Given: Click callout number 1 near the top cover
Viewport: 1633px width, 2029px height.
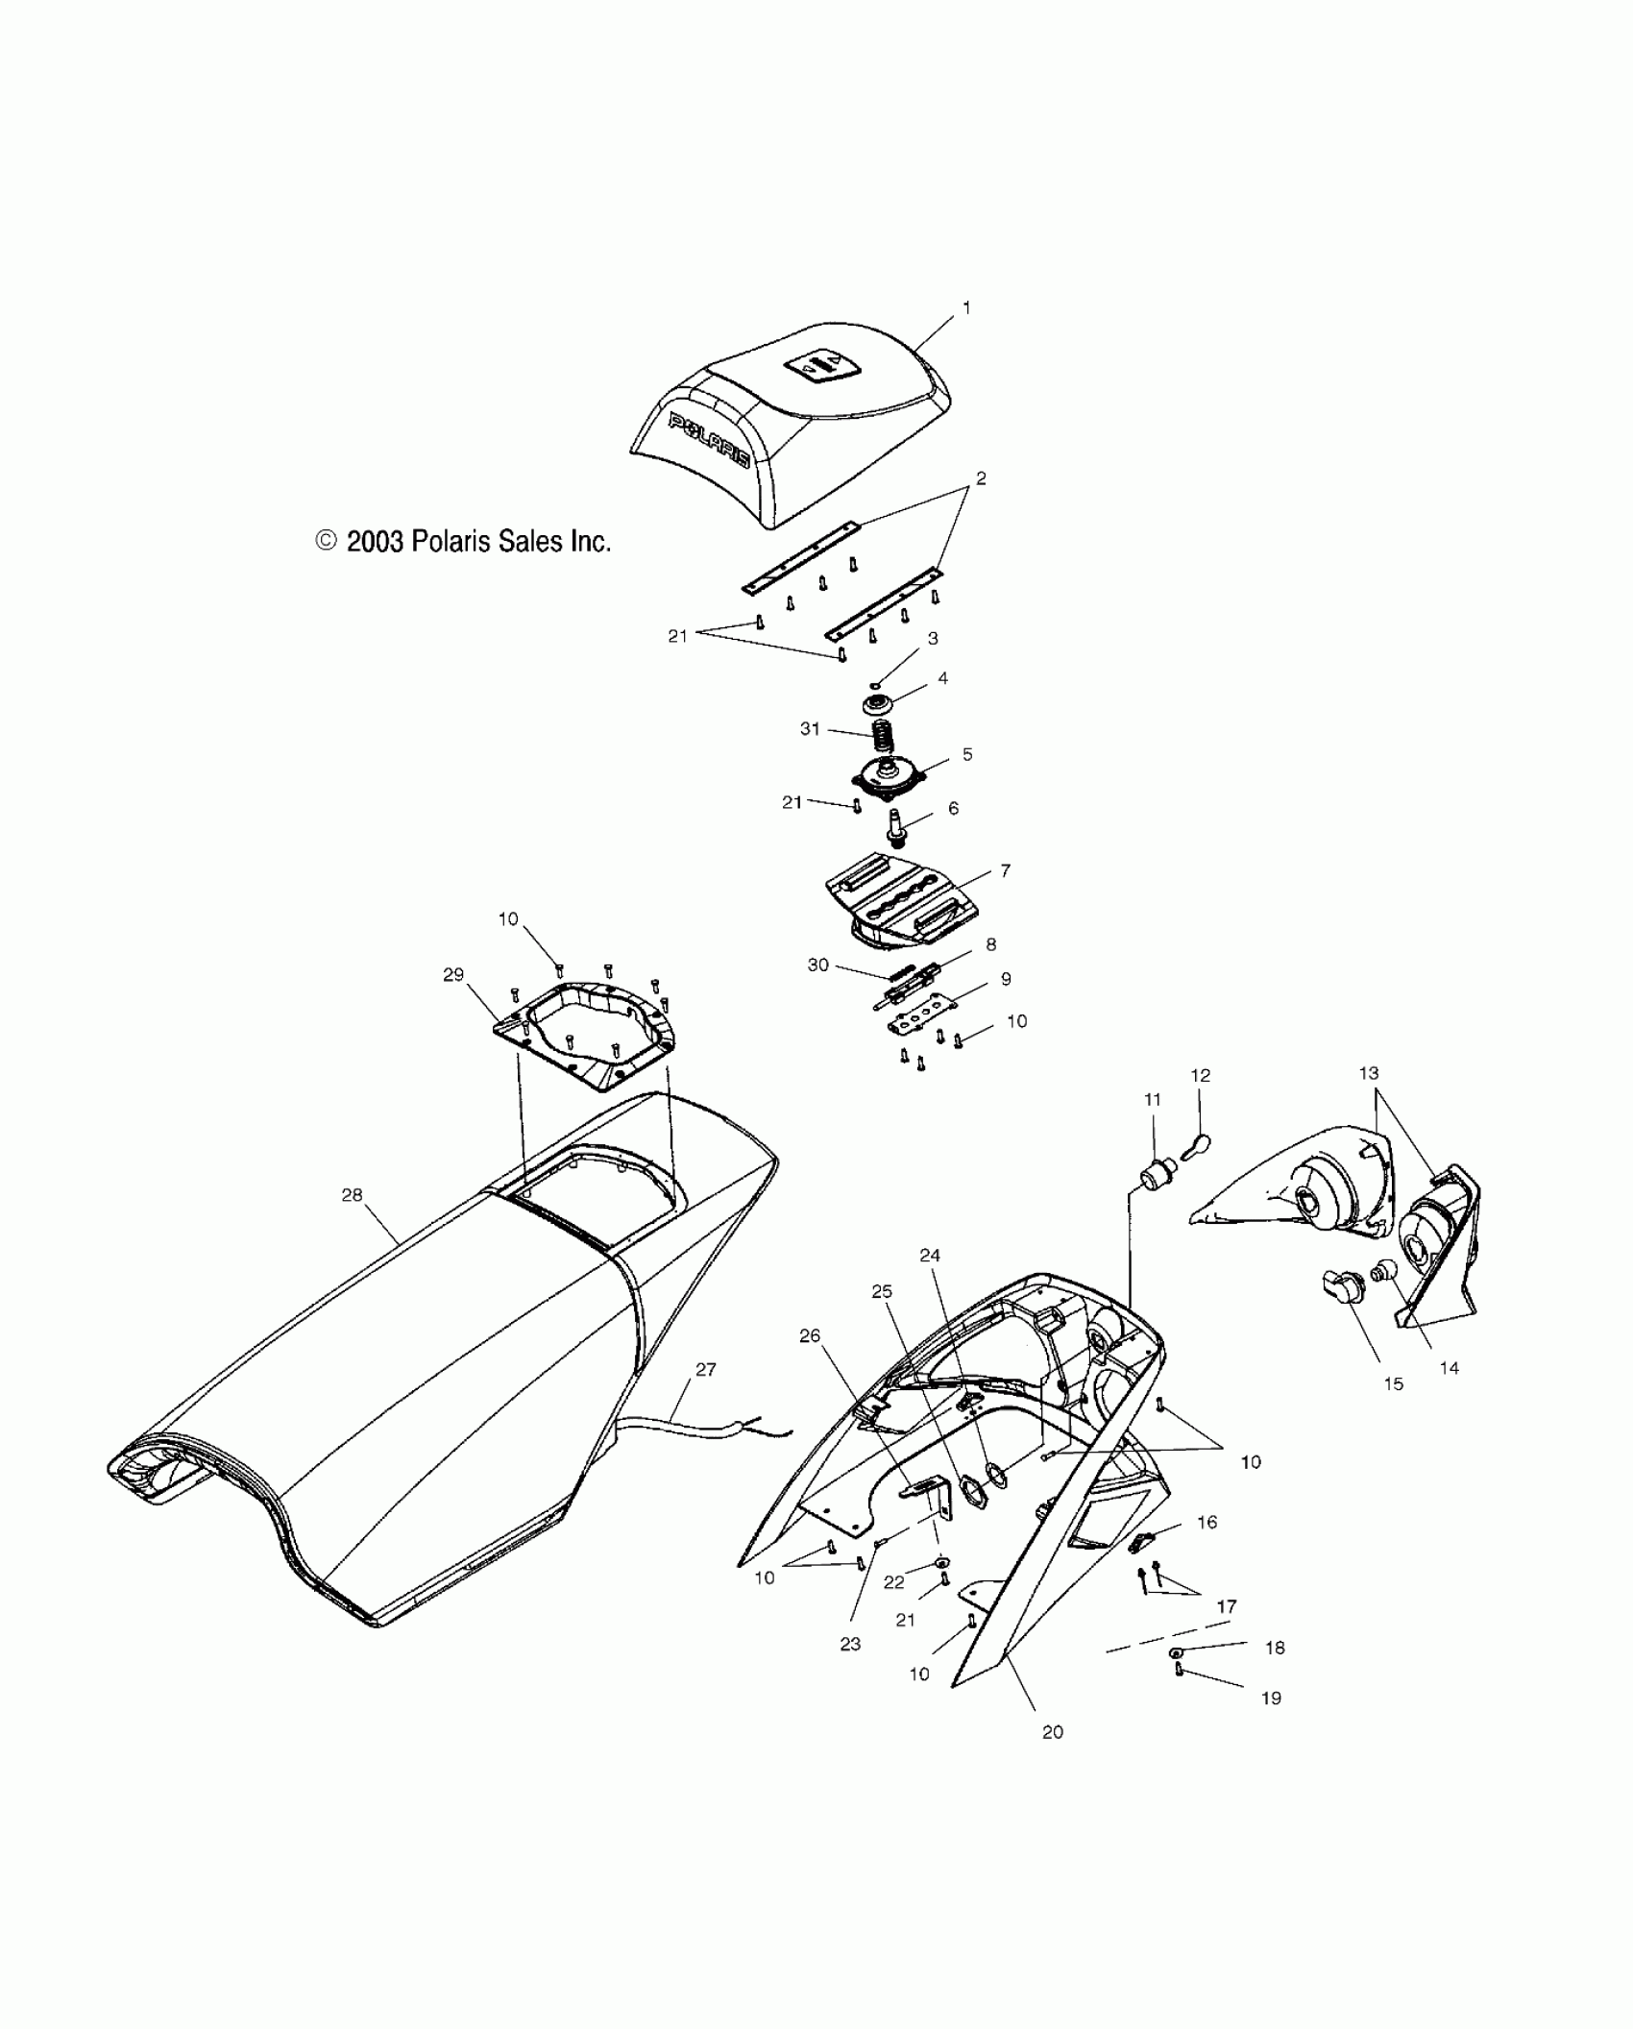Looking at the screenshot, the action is point(966,308).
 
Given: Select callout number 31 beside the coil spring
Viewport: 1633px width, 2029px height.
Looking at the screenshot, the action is point(810,729).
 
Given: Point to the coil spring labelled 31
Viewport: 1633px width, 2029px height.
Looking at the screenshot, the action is point(882,737).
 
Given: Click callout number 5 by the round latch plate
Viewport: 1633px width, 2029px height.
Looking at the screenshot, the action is point(967,754).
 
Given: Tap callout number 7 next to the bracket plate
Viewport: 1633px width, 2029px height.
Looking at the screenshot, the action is point(1005,870).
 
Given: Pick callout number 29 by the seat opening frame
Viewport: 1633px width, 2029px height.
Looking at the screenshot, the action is point(453,975).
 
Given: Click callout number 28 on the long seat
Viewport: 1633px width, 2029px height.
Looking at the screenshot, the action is point(352,1195).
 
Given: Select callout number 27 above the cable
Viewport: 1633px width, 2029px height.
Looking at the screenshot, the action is point(706,1370).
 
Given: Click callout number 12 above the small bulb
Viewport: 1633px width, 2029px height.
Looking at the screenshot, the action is point(1201,1076).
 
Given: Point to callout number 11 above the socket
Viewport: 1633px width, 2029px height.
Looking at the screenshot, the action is point(1153,1099).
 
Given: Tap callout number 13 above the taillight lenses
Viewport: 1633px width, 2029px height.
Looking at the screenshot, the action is point(1369,1073).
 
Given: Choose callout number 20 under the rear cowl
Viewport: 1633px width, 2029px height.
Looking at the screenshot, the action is point(1053,1732).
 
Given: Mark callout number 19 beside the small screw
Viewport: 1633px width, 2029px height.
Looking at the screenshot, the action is point(1270,1699).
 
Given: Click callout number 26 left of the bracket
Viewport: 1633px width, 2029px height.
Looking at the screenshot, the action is point(810,1336).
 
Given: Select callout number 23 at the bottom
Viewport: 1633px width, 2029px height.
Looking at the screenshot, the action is point(850,1644).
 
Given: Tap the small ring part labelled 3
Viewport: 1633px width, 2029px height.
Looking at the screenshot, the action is point(875,685).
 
